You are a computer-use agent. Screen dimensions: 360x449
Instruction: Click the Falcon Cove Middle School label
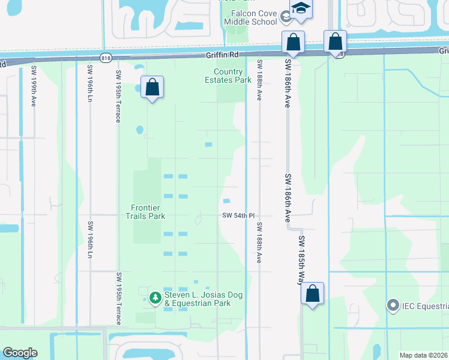(251, 17)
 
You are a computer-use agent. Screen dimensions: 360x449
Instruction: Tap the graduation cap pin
(300, 9)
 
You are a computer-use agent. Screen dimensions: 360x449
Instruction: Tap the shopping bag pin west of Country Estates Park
(152, 88)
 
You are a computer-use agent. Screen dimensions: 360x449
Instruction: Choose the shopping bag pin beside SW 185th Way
(312, 293)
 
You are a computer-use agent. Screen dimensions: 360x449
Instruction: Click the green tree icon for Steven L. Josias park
(154, 296)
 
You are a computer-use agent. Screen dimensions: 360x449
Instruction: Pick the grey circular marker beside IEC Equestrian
(393, 305)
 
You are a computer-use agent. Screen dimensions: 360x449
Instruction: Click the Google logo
(20, 353)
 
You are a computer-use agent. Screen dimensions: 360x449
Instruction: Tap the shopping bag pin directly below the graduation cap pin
(293, 43)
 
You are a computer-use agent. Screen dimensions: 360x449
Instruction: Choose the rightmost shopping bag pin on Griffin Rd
(335, 42)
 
